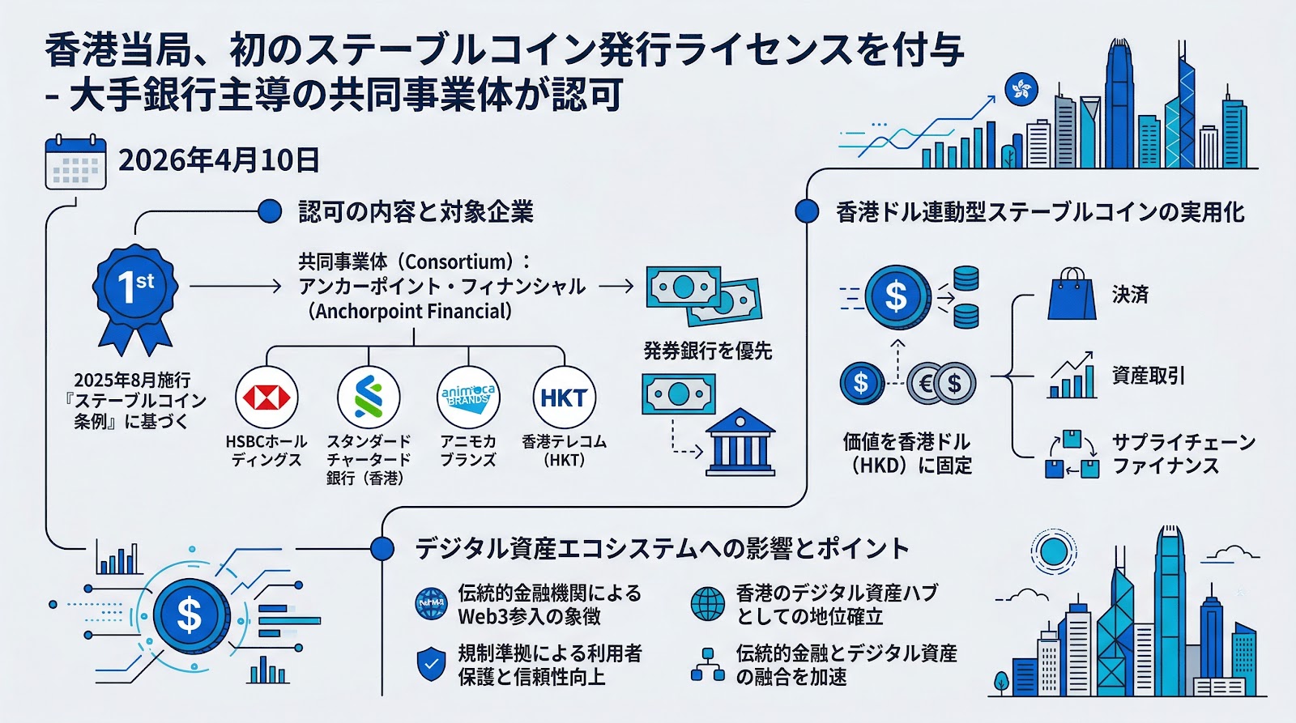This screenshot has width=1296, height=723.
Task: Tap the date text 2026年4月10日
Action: (219, 160)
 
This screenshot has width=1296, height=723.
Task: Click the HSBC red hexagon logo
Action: (266, 398)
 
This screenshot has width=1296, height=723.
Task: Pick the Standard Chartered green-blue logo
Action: (369, 398)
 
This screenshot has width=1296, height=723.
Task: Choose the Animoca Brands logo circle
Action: (468, 397)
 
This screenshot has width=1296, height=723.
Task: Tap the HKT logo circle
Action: (564, 398)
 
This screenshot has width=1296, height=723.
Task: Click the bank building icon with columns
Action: (740, 443)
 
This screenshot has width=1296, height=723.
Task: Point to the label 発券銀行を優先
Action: (707, 351)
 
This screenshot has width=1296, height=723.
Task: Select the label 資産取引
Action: (1149, 376)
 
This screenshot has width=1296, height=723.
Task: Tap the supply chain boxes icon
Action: (1072, 455)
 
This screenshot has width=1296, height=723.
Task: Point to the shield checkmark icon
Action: (431, 665)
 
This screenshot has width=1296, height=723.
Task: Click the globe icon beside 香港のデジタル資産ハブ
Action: (707, 604)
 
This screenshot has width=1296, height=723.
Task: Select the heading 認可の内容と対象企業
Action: (416, 212)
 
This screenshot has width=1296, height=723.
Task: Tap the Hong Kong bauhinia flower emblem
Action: (1021, 89)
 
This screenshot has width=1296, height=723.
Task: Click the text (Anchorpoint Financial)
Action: (409, 311)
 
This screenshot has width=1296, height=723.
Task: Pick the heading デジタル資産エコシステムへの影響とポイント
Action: (662, 548)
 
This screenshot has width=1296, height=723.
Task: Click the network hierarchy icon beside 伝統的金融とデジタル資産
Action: (707, 665)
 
